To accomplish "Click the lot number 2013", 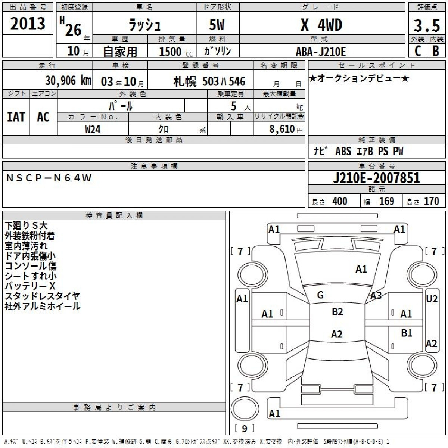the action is pos(28,24).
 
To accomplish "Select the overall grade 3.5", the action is pos(427,25).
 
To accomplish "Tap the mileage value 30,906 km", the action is pos(68,81).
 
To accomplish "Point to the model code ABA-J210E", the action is pos(321,52).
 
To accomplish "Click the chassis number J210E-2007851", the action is pos(377,178).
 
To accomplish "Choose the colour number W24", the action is pos(93,129).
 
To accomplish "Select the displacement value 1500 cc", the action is pos(176,52).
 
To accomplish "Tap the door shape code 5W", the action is pos(217,25).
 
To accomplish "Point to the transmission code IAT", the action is pos(16,117).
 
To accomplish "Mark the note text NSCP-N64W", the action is pos(49,178).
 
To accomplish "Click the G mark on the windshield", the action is pos(320,295).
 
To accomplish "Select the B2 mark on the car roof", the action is pos(337,312).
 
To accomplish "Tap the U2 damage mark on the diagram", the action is pos(432,299).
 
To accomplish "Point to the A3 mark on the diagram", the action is pos(376,295).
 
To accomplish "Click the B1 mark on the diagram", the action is pos(407,333).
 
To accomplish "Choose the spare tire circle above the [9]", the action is pos(245,408).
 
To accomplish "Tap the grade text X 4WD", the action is pos(321,25).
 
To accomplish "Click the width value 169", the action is pos(387,201).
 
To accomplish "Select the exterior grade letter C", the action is pos(417,51).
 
